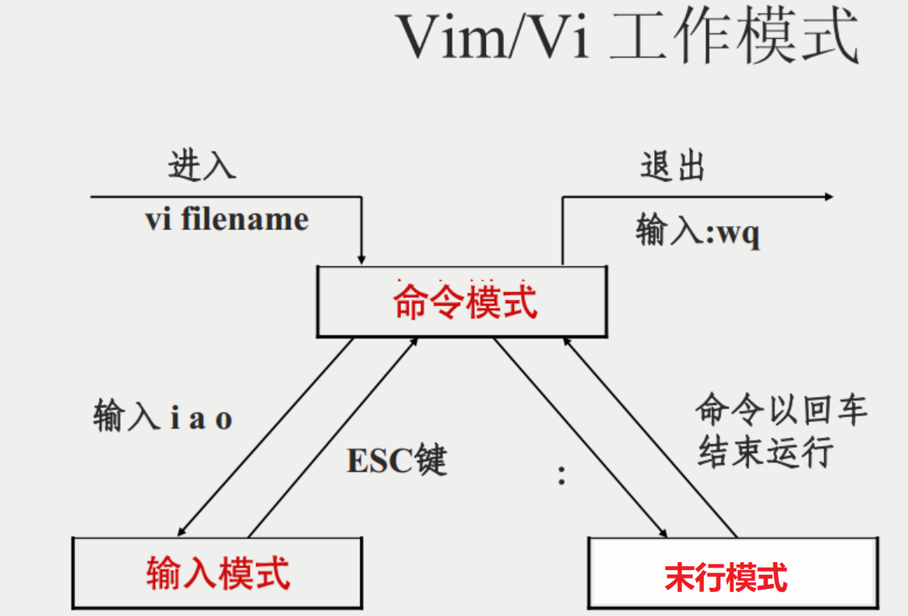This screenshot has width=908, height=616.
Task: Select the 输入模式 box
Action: tap(218, 573)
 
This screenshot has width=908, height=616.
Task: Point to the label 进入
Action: tap(202, 165)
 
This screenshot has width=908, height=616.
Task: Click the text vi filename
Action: tap(227, 219)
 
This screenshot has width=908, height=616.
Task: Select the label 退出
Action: tap(672, 165)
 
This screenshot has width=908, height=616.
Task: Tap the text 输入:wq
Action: tap(698, 232)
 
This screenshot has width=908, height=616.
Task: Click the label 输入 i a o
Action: tap(163, 419)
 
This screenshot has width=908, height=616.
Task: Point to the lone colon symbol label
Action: tap(561, 475)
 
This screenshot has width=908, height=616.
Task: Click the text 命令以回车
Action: tap(781, 409)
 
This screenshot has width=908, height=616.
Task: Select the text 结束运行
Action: tap(765, 451)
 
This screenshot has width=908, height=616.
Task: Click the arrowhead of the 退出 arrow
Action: tap(828, 196)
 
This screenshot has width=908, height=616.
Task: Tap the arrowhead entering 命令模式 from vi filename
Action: tap(361, 259)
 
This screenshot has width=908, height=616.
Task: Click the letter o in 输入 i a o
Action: tap(223, 420)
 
